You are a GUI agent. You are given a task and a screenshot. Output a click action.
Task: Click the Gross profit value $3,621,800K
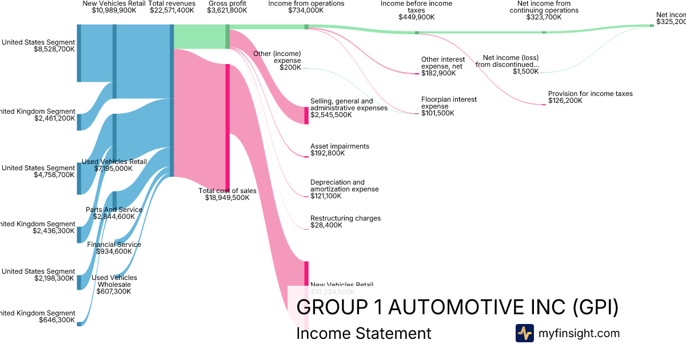pyautogui.click(x=227, y=10)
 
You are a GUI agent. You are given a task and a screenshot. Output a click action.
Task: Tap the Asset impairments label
pyautogui.click(x=340, y=146)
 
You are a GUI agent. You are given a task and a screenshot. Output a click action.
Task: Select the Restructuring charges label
pyautogui.click(x=345, y=218)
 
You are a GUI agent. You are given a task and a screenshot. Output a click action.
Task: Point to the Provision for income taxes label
pyautogui.click(x=590, y=94)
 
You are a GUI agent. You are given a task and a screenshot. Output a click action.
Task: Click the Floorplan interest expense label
pyautogui.click(x=449, y=103)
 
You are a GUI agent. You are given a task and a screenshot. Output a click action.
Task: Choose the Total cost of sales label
pyautogui.click(x=228, y=191)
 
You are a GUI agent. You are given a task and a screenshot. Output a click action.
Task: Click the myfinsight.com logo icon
pyautogui.click(x=524, y=333)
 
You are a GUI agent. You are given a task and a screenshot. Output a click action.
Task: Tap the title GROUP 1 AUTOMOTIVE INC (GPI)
pyautogui.click(x=457, y=307)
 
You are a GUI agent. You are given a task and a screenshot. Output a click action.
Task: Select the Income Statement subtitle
pyautogui.click(x=364, y=333)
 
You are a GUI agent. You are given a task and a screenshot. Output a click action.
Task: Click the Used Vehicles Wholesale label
pyautogui.click(x=114, y=281)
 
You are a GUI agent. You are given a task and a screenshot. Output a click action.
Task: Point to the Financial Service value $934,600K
pyautogui.click(x=114, y=251)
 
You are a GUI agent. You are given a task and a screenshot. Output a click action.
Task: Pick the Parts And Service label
pyautogui.click(x=114, y=210)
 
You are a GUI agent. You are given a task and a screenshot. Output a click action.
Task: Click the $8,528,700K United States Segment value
pyautogui.click(x=54, y=49)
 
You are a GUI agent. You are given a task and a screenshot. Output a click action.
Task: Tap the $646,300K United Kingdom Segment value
pyautogui.click(x=57, y=320)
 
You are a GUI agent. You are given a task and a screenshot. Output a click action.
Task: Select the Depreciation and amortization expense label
pyautogui.click(x=344, y=186)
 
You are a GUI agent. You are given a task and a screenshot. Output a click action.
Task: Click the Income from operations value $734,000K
pyautogui.click(x=306, y=10)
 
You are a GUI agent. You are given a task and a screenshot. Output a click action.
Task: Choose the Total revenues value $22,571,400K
pyautogui.click(x=171, y=10)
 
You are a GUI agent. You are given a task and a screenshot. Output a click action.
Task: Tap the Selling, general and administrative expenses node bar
pyautogui.click(x=306, y=115)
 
